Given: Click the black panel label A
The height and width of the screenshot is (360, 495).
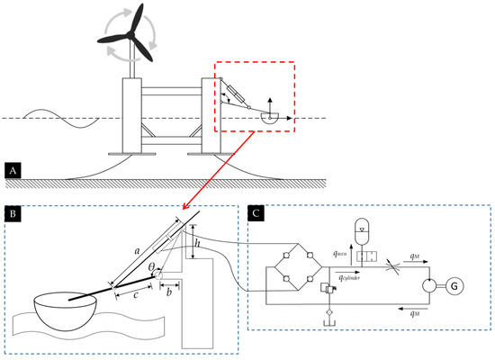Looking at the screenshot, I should pyautogui.click(x=13, y=168).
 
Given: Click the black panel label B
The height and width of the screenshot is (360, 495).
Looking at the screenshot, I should pyautogui.click(x=13, y=214).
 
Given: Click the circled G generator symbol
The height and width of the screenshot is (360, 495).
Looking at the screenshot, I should pyautogui.click(x=454, y=286).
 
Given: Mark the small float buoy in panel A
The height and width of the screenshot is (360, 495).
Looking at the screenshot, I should pyautogui.click(x=266, y=117).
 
